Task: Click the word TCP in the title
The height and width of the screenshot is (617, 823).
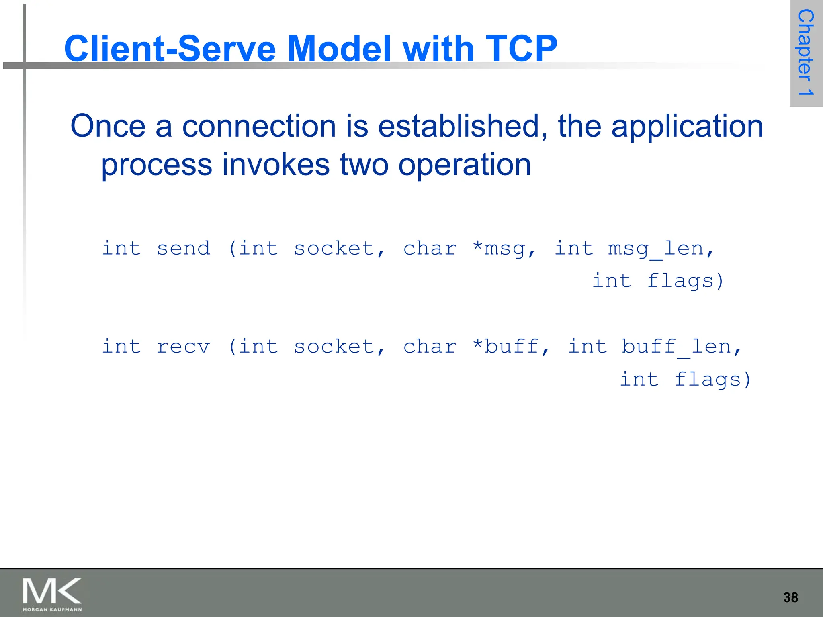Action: (521, 49)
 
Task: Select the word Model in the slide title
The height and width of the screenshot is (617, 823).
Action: (340, 49)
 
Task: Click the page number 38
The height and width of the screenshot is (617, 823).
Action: (790, 597)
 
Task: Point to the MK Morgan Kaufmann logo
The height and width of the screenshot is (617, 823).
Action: (52, 594)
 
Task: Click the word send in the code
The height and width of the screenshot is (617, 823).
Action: (183, 249)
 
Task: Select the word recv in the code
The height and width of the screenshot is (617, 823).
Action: (183, 347)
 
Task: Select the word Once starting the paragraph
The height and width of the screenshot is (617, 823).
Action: (108, 126)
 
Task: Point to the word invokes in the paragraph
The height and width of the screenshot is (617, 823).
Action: (276, 165)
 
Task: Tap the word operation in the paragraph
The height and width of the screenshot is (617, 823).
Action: (465, 165)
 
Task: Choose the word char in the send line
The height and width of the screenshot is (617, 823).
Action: (430, 249)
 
